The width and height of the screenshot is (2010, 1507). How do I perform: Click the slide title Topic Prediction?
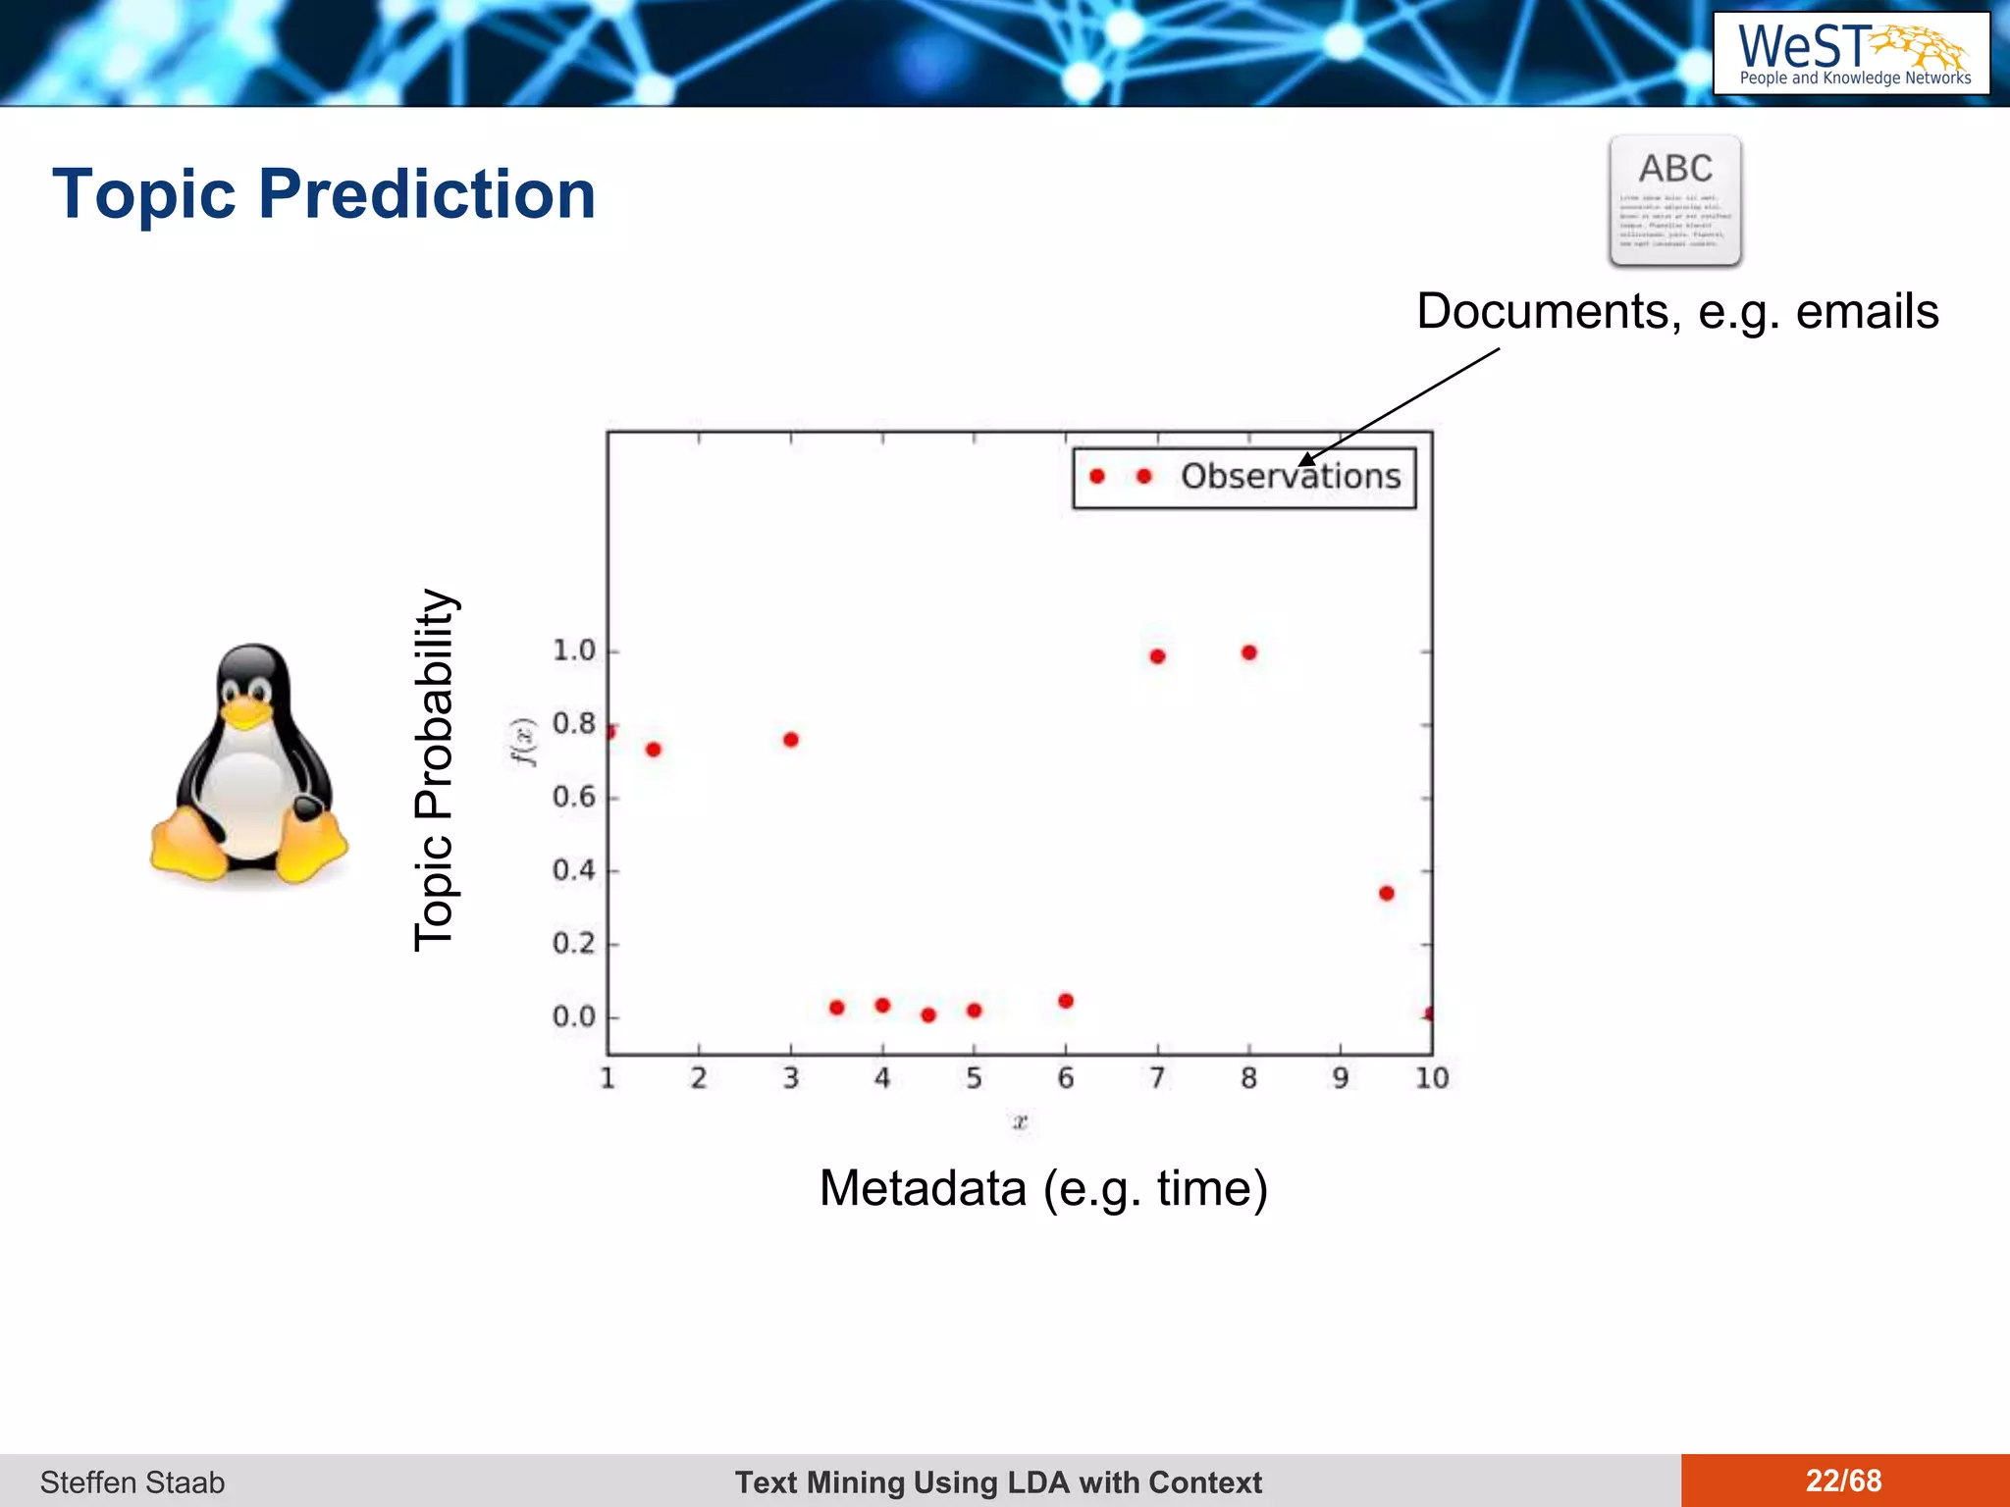click(324, 194)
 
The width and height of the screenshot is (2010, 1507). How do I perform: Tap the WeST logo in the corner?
click(1851, 54)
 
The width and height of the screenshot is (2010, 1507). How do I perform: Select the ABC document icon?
click(1675, 201)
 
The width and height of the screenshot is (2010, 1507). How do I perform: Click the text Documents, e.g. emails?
click(1677, 312)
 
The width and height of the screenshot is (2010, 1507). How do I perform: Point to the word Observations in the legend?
click(1290, 477)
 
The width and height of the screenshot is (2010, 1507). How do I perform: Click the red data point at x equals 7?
click(1157, 656)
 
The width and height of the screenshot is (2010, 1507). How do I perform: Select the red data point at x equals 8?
click(1248, 652)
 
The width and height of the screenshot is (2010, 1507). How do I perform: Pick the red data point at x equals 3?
click(791, 740)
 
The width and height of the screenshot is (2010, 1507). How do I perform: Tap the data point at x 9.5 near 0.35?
click(1386, 893)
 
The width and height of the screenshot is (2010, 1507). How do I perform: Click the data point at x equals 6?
click(1066, 1001)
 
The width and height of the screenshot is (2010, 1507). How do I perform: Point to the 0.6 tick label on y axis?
click(574, 797)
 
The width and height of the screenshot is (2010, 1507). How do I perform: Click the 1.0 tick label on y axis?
click(574, 650)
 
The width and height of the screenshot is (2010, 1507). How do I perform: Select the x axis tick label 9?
click(1340, 1078)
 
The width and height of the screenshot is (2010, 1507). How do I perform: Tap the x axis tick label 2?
click(699, 1078)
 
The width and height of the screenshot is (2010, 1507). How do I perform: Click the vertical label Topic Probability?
click(435, 770)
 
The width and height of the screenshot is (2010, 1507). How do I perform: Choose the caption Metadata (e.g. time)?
click(1043, 1188)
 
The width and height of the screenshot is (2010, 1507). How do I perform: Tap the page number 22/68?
click(1843, 1481)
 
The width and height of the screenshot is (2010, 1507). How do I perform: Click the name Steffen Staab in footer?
click(132, 1481)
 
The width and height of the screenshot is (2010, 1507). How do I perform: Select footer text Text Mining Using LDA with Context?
click(998, 1481)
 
